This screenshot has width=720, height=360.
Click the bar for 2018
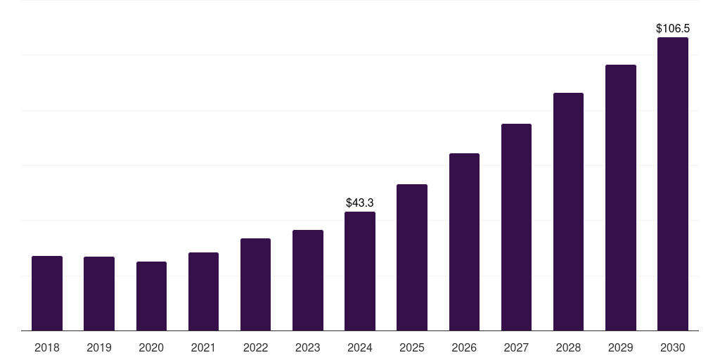pos(47,293)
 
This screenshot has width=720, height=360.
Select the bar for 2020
pos(151,296)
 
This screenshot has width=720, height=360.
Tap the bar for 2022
pos(255,285)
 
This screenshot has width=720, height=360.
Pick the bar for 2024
pos(360,271)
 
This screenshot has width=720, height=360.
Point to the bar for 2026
pos(464,242)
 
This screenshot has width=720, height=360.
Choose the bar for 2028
pos(568,212)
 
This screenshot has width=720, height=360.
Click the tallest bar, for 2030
pos(672,184)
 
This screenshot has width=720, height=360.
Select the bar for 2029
pos(620,198)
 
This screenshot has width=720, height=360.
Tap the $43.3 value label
pos(360,202)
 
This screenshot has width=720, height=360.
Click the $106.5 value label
pos(673,29)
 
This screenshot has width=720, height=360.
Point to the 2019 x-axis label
pos(99,347)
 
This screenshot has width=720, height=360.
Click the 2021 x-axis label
pos(203,347)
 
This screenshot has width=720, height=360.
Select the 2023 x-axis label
pos(307,347)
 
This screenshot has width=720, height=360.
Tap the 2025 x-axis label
pos(412,347)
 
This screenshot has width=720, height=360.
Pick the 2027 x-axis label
pos(516,347)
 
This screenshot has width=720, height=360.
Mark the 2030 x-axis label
pos(672,347)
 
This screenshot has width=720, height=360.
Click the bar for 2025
pos(412,257)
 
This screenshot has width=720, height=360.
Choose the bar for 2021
pos(203,292)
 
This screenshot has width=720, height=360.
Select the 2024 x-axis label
pos(360,347)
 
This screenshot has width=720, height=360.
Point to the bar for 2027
pos(516,227)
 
